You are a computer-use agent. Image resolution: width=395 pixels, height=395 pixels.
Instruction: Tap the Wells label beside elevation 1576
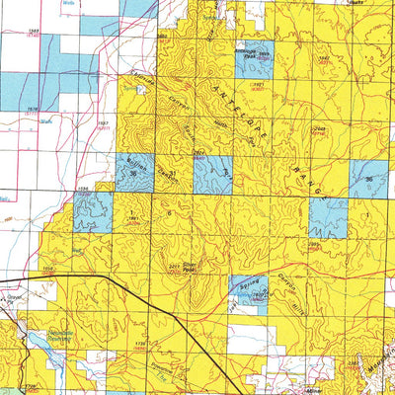tap(45, 122)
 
